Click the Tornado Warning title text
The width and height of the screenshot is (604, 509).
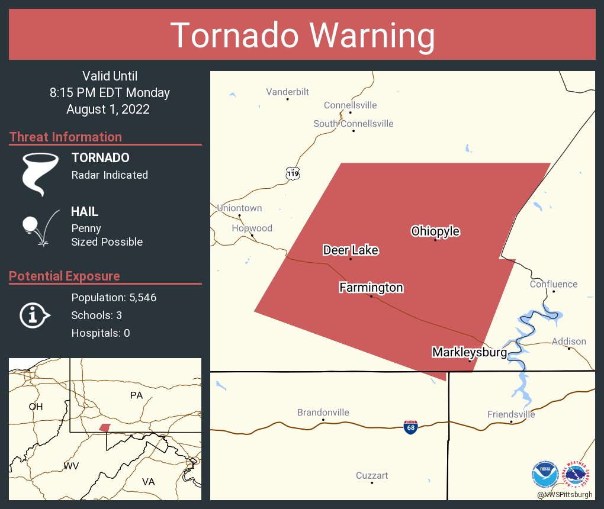pyautogui.click(x=302, y=36)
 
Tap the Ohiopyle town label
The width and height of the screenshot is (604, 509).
pyautogui.click(x=435, y=231)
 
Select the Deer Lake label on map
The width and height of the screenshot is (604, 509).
pyautogui.click(x=351, y=250)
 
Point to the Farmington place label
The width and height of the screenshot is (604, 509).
pyautogui.click(x=371, y=288)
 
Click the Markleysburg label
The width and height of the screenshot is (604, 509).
pyautogui.click(x=470, y=352)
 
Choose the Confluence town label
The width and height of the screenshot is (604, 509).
pyautogui.click(x=553, y=284)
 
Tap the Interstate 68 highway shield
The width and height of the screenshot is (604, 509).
pyautogui.click(x=410, y=427)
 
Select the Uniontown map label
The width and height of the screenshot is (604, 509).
pyautogui.click(x=239, y=208)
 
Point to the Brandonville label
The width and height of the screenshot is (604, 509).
pyautogui.click(x=323, y=413)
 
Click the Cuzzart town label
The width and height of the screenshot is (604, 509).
pyautogui.click(x=372, y=475)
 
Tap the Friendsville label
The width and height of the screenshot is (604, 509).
pyautogui.click(x=511, y=414)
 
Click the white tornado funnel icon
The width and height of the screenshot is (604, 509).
pyautogui.click(x=40, y=173)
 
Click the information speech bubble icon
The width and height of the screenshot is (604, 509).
pyautogui.click(x=34, y=315)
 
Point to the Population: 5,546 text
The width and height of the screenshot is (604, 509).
pyautogui.click(x=114, y=297)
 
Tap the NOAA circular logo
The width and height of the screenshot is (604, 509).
pyautogui.click(x=545, y=474)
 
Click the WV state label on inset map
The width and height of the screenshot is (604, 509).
pyautogui.click(x=71, y=466)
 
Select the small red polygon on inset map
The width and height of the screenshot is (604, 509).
pyautogui.click(x=105, y=427)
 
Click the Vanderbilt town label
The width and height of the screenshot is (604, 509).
pyautogui.click(x=287, y=92)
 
